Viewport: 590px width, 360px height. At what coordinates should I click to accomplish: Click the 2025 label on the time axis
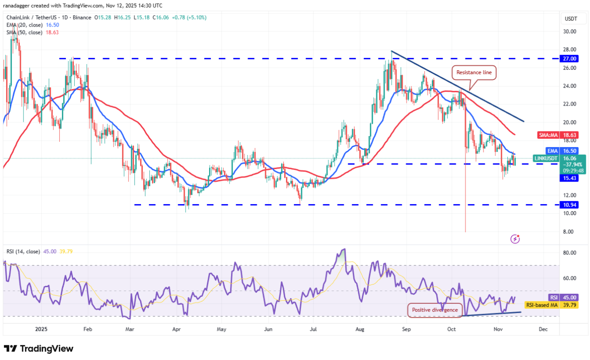coord(41,329)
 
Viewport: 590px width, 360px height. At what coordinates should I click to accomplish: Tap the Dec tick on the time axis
coord(543,329)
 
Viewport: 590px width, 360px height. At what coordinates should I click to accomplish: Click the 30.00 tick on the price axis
coord(569,31)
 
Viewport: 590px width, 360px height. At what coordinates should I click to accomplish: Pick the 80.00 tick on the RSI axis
coord(569,253)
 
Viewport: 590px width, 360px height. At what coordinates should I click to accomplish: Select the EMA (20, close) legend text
coord(24,25)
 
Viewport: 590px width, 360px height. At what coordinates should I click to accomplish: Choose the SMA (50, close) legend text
coord(24,32)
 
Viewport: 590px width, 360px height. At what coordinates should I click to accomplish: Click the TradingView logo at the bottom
coord(38,349)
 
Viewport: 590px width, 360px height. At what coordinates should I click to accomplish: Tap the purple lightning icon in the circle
coord(515,239)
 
